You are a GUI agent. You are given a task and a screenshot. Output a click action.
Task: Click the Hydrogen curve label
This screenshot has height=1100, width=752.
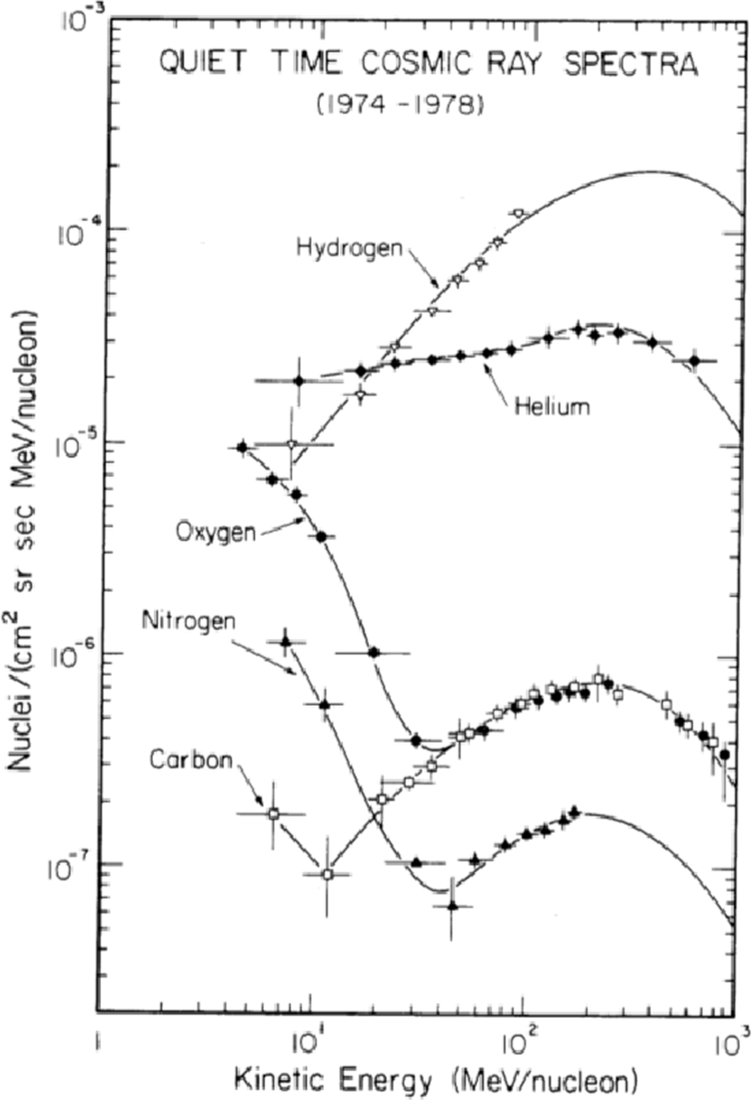click(348, 248)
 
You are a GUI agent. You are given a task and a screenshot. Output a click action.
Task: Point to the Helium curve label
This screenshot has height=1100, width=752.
click(552, 407)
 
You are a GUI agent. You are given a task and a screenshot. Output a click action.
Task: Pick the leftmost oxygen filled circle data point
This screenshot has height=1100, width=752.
click(243, 447)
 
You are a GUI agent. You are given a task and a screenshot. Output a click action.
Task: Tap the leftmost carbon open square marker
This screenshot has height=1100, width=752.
click(273, 814)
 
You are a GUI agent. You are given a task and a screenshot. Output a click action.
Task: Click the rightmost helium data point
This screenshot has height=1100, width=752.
click(694, 360)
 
